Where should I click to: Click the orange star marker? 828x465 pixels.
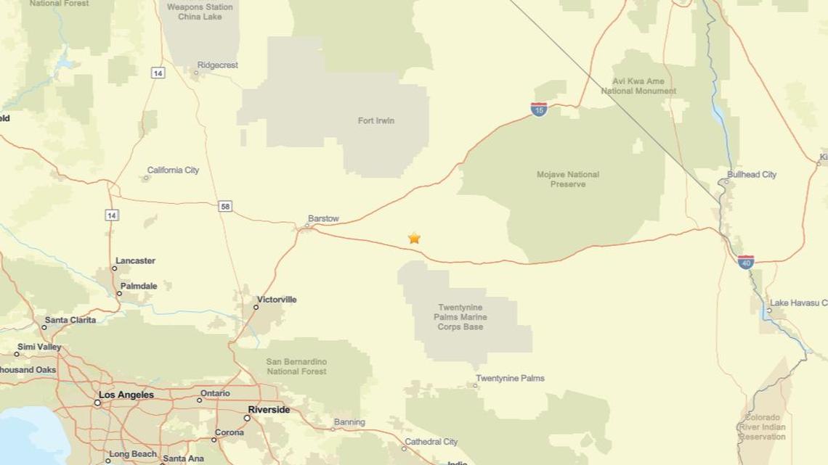coord(414,238)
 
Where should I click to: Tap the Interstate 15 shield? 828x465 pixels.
coord(538,110)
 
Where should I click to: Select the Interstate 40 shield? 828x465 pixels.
coord(745,262)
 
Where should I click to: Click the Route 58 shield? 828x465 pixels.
coord(225,207)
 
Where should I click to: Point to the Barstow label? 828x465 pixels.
coord(323,218)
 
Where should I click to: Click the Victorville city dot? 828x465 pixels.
coord(256,308)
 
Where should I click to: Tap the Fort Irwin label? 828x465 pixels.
coord(376,120)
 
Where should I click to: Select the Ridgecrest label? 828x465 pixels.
coord(217,65)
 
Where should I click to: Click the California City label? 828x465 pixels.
coord(173,170)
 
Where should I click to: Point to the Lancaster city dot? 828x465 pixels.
coord(114,268)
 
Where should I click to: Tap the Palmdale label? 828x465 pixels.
coord(139,286)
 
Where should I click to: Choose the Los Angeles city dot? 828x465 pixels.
coord(97,402)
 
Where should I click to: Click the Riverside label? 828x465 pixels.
coord(269,410)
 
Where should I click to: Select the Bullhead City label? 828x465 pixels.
coord(752,175)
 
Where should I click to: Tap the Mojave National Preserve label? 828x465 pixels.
coord(568,179)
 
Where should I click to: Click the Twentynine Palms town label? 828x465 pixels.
coord(510,378)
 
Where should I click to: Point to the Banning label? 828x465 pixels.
coord(349,422)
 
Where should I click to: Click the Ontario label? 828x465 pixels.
coord(215,393)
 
